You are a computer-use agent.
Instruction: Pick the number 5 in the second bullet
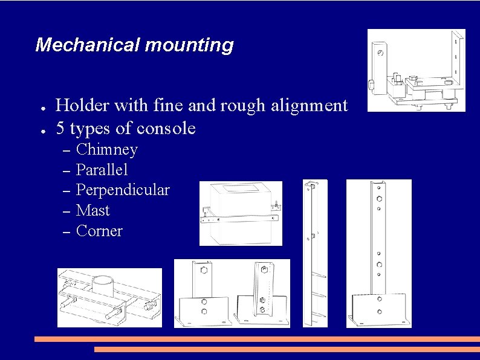point(60,128)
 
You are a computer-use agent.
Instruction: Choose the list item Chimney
point(107,150)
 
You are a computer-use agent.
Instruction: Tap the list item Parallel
point(102,170)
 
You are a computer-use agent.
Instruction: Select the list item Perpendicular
point(123,190)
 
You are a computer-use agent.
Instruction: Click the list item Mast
point(93,211)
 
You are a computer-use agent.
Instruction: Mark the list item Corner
point(99,231)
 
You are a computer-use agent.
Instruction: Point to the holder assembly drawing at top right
point(417,71)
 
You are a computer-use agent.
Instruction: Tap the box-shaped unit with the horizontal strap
point(240,213)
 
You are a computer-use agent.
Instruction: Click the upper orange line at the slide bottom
point(256,339)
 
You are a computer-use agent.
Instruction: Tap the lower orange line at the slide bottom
point(287,349)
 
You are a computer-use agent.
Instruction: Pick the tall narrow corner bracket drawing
point(315,253)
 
